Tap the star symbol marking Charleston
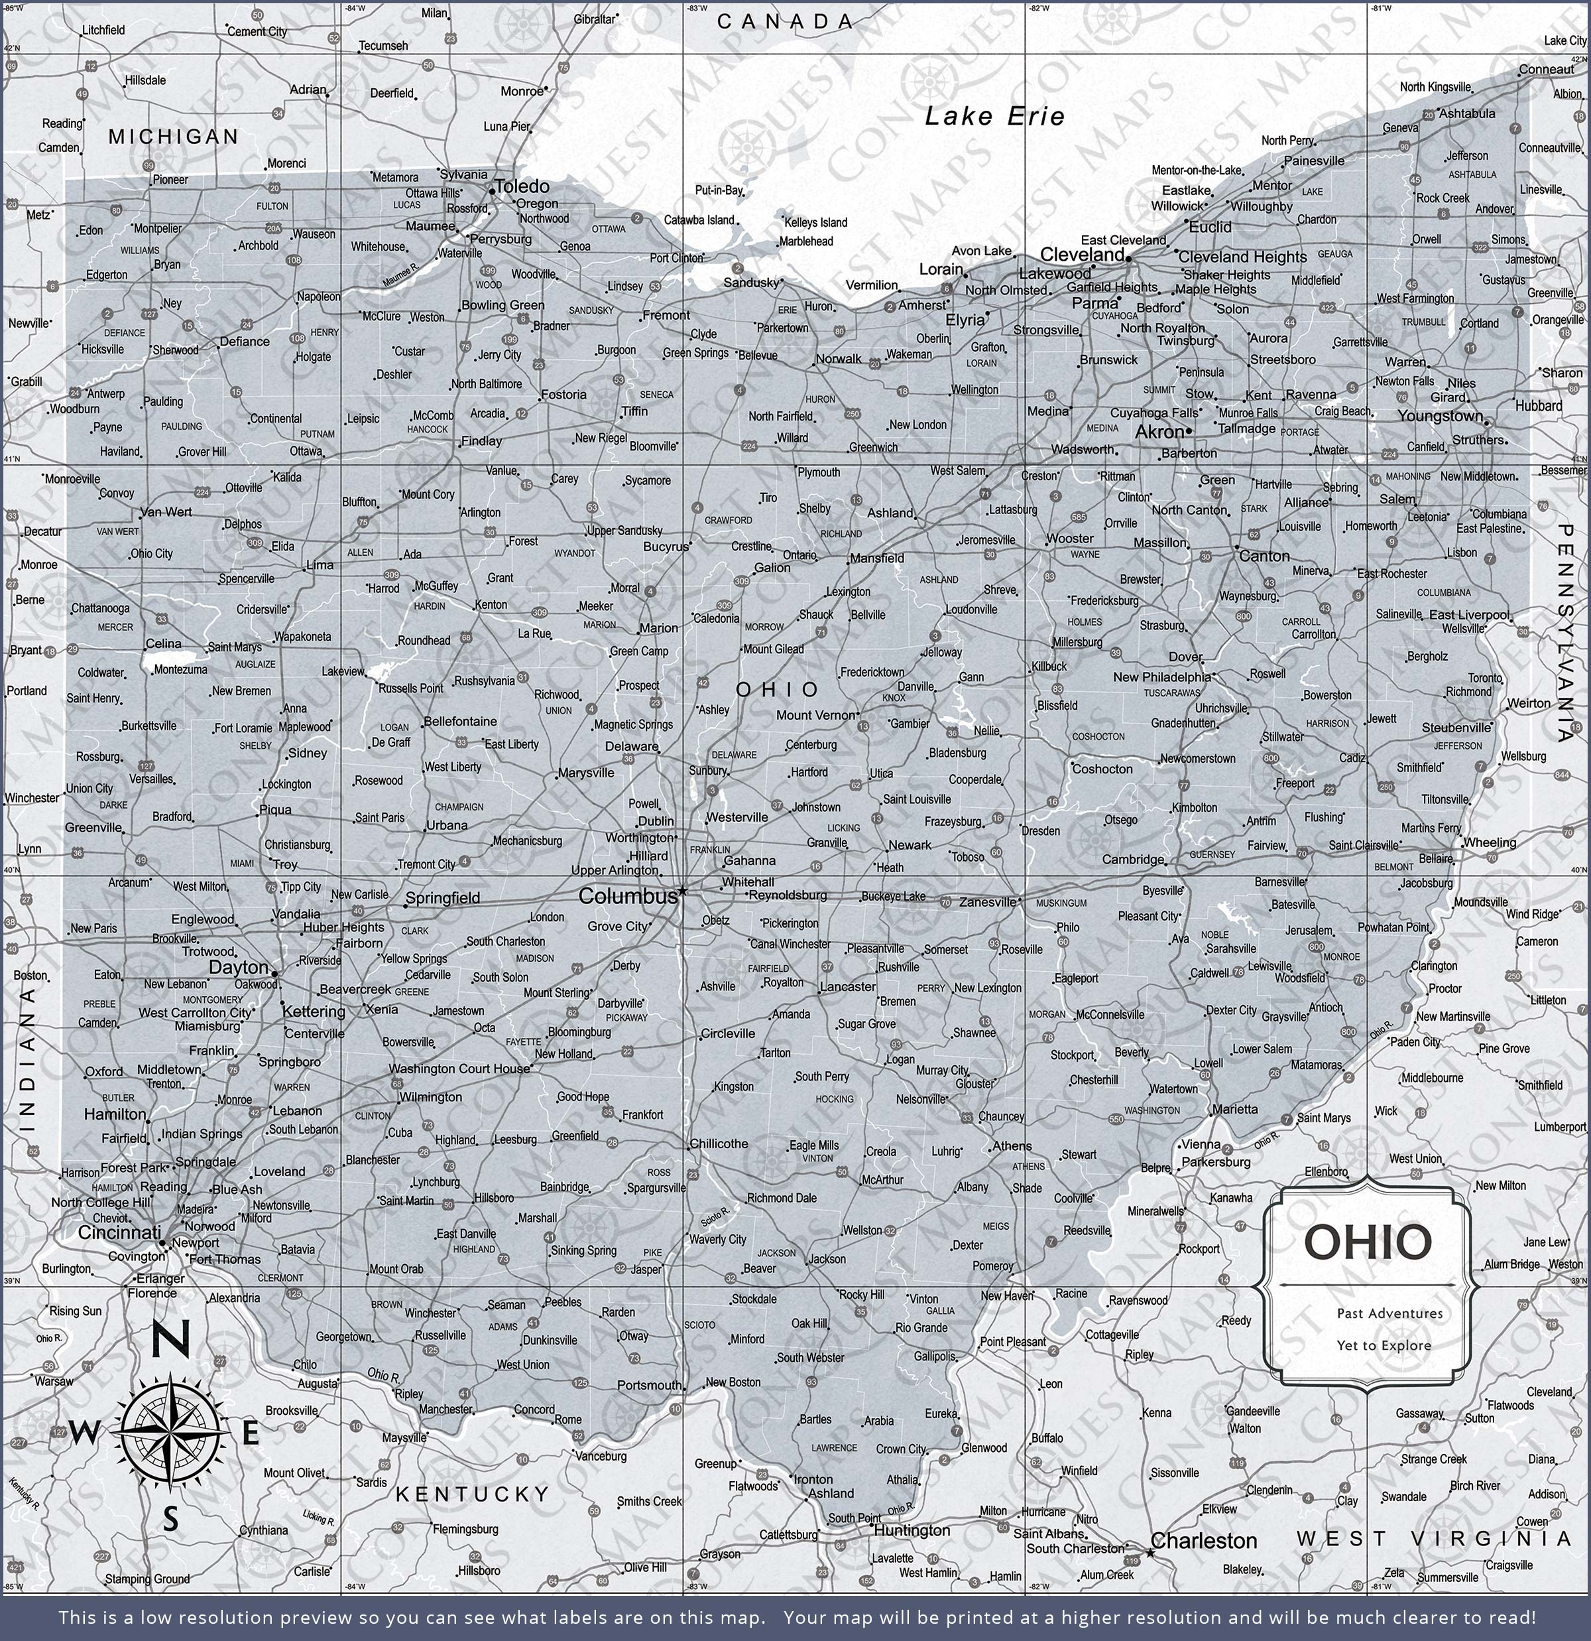point(1150,1553)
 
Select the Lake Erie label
point(994,116)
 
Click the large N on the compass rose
point(170,1341)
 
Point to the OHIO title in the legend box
point(1368,1242)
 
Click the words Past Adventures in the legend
point(1389,1313)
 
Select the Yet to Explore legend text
point(1384,1345)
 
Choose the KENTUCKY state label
point(473,1494)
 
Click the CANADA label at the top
point(785,22)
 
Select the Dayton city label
point(239,967)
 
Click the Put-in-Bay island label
point(719,190)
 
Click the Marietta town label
point(1234,1109)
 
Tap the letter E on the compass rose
point(250,1434)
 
